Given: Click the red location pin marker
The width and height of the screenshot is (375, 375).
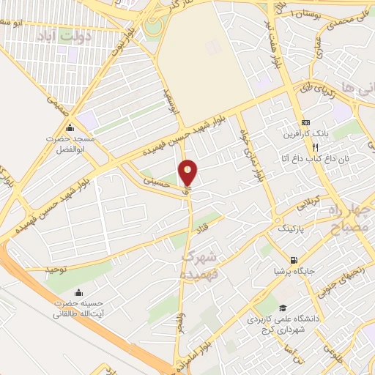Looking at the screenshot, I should (188, 174).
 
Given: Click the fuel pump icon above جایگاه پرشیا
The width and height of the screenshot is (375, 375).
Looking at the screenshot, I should (294, 260).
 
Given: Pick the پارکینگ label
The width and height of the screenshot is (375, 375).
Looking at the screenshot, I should (294, 229).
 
